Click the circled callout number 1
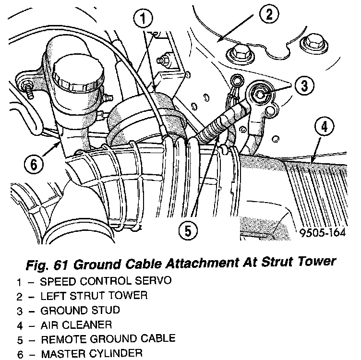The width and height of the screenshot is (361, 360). click(x=143, y=19)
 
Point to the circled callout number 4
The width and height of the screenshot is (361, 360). click(x=325, y=127)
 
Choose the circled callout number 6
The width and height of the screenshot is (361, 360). click(x=33, y=165)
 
